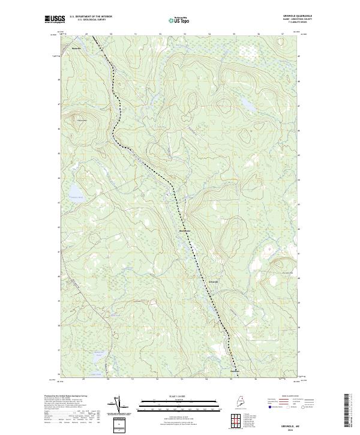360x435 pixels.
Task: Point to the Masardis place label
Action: pos(76,47)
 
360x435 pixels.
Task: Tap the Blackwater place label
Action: pos(185,231)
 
